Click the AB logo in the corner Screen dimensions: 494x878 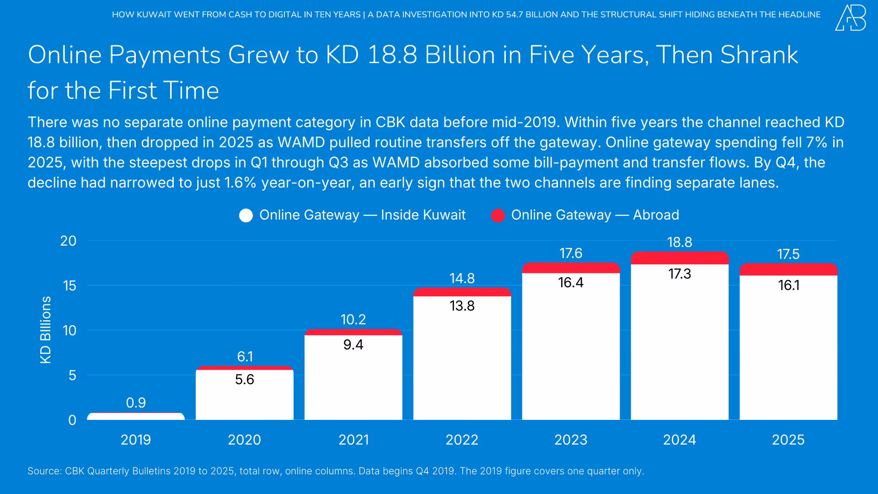pos(850,18)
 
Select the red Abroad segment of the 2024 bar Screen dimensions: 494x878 pos(680,258)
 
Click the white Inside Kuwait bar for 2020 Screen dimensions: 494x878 pos(245,398)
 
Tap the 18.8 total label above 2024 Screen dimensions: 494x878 pos(680,242)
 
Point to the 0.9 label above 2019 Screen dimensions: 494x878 pos(136,403)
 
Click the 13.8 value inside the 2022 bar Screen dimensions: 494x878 pos(462,306)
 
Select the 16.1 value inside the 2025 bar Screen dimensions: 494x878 pos(788,285)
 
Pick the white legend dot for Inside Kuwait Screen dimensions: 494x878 pos(246,215)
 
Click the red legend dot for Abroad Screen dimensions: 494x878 pos(498,215)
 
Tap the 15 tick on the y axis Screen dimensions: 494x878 pos(70,286)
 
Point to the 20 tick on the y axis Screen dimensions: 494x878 pos(69,241)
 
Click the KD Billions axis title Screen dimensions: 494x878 pos(45,330)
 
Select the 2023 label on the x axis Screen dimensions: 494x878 pos(571,440)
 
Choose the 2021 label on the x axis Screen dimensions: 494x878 pos(353,440)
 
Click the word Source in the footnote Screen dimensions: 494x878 pos(44,471)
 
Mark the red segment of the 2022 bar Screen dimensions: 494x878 pos(462,292)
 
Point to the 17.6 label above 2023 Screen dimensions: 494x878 pos(571,253)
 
